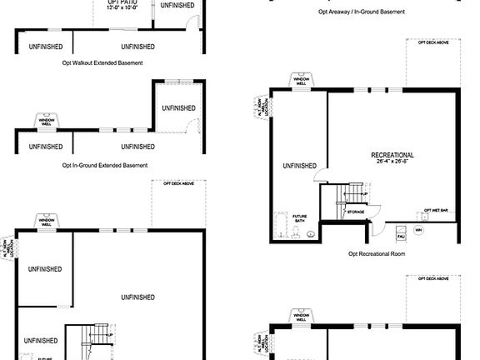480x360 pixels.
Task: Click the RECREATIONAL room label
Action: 392,155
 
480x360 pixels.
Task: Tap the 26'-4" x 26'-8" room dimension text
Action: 392,162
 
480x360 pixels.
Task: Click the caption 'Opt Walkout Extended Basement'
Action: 102,62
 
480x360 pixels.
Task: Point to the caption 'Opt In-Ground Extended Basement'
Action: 111,165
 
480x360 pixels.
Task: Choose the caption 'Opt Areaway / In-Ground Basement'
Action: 362,12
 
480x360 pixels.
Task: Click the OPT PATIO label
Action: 122,4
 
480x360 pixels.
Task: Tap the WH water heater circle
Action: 419,229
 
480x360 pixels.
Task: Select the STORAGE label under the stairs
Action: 356,212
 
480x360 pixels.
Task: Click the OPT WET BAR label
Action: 436,210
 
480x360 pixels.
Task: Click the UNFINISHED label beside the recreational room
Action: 299,166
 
